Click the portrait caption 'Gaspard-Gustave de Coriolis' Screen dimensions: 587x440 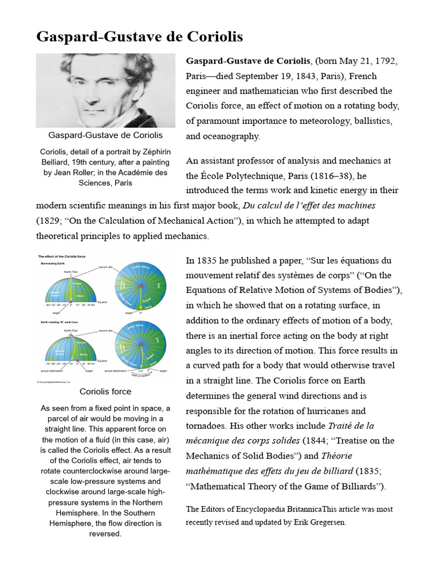click(x=105, y=135)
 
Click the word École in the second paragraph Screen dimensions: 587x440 click(x=212, y=175)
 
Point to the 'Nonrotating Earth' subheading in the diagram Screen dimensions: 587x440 click(x=53, y=264)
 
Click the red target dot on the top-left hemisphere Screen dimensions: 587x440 click(x=70, y=301)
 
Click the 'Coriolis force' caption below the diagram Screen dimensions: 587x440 click(x=105, y=392)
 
